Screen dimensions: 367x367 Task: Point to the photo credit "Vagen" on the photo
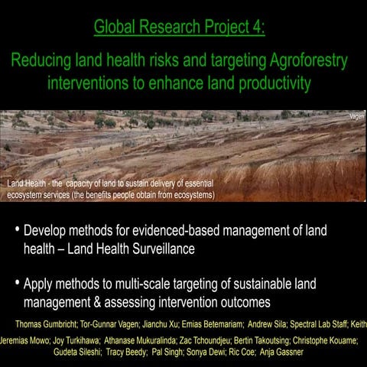point(357,116)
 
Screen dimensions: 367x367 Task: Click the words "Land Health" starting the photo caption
point(24,184)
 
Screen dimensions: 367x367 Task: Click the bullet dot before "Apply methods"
point(17,284)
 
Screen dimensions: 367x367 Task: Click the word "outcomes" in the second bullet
point(242,302)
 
